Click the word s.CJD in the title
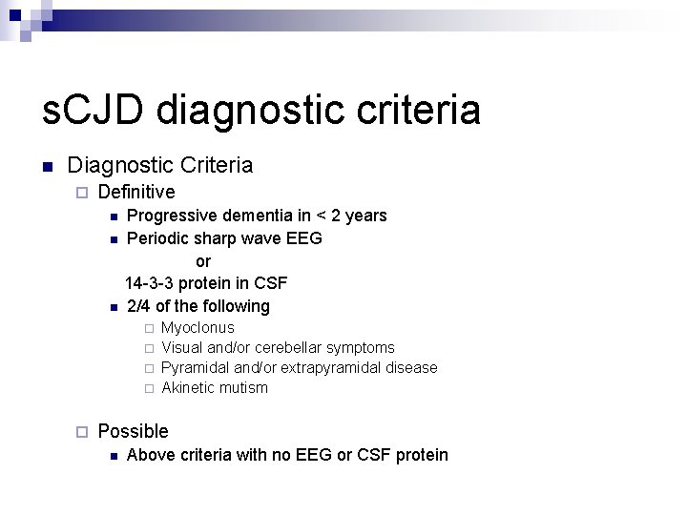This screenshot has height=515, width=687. [93, 110]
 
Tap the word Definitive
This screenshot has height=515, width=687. [136, 192]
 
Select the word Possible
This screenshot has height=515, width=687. [133, 431]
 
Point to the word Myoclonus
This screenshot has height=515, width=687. [198, 327]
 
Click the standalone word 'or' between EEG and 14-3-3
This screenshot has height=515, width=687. [203, 261]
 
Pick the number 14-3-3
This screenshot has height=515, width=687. [150, 283]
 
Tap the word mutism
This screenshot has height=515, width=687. [243, 387]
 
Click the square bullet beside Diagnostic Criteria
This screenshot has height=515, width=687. [47, 166]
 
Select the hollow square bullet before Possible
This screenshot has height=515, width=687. [81, 432]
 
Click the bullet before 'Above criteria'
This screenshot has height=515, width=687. [113, 456]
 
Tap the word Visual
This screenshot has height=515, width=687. [182, 347]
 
